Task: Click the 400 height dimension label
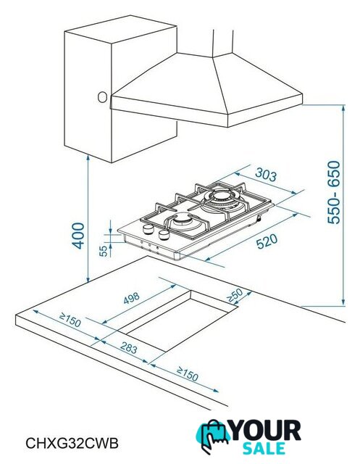(78, 236)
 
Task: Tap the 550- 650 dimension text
(334, 192)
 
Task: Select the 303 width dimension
(266, 175)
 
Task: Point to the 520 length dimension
(267, 241)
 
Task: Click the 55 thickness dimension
(103, 251)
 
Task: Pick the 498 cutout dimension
(131, 298)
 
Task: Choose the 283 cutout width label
(129, 347)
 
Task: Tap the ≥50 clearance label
(235, 295)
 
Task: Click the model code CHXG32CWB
(72, 443)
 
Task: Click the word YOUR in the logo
(266, 431)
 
